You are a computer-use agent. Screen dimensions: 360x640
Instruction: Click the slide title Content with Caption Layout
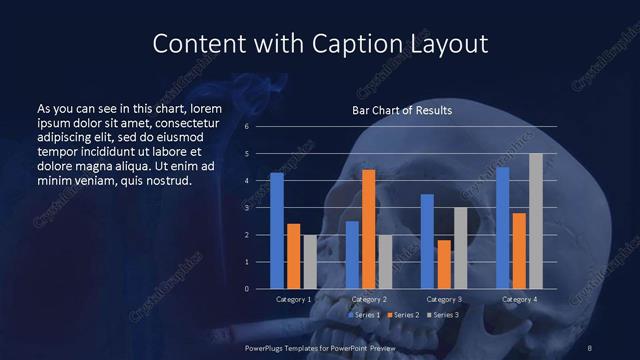[x=319, y=45]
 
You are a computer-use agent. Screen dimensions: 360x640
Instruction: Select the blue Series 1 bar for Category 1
[x=277, y=231]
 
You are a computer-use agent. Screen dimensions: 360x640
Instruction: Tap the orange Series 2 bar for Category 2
[x=368, y=229]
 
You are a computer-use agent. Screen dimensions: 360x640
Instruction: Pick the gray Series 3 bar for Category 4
[x=535, y=221]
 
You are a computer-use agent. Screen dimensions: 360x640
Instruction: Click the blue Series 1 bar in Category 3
[x=427, y=241]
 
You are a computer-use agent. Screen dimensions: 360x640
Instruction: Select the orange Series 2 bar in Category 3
[x=444, y=264]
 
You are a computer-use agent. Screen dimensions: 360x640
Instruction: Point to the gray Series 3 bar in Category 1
[x=310, y=262]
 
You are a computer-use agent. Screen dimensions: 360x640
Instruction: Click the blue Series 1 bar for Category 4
[x=502, y=228]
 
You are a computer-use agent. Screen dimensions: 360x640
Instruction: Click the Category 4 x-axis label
[x=518, y=299]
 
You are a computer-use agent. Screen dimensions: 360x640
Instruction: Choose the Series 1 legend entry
[x=364, y=315]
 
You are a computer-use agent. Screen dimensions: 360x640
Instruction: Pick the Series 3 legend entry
[x=443, y=315]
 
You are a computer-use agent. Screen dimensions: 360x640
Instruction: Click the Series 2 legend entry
[x=404, y=315]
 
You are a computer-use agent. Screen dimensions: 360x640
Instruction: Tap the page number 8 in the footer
[x=590, y=347]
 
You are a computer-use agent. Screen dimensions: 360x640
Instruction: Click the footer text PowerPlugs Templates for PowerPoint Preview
[x=320, y=347]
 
